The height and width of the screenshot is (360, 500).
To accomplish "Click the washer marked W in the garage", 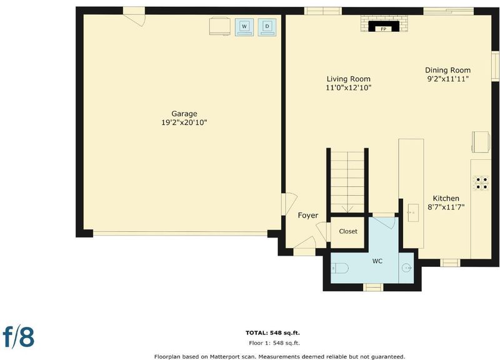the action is tap(244, 27).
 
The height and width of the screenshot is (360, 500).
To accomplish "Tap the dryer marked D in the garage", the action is tap(267, 27).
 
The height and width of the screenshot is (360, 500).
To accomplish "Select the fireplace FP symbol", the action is tap(384, 26).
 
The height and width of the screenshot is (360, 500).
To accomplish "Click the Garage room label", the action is tap(184, 114).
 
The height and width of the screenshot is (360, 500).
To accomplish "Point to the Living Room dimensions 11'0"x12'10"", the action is tap(349, 87).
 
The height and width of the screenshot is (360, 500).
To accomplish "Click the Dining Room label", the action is tap(447, 70).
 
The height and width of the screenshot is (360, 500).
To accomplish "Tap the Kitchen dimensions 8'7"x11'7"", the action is tap(446, 207).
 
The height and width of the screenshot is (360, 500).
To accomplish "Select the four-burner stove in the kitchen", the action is tap(481, 183).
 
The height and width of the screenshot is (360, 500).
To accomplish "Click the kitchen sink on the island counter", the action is tap(413, 212).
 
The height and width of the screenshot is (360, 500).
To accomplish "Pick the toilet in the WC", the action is tap(339, 268).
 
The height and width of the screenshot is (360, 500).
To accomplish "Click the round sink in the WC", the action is tap(407, 268).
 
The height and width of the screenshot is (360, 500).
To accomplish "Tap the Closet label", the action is tap(348, 231).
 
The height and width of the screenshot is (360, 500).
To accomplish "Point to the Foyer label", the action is tap(308, 216).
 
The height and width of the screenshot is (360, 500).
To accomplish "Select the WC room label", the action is tap(377, 261).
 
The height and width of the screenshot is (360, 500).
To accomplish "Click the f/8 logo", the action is tap(19, 336).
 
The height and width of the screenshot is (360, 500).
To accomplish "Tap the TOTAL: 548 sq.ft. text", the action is tap(272, 333).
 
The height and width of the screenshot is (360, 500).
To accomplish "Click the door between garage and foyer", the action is tap(289, 204).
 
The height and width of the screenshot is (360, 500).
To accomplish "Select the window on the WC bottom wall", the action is tap(373, 287).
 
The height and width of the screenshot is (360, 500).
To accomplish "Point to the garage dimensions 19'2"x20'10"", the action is tap(184, 122).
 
